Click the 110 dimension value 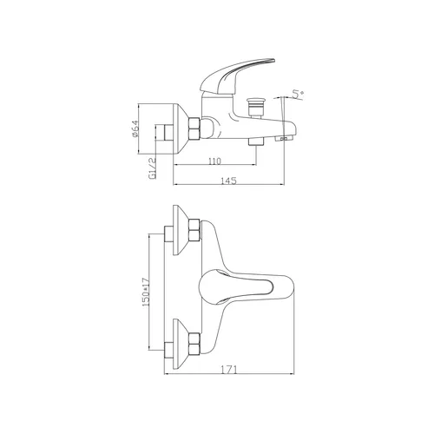coord(214,161)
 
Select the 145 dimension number coord(228,181)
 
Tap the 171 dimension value coord(229,370)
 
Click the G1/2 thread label coord(152,168)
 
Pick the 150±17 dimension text coord(145,292)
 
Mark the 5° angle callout coord(298,94)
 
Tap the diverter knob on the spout coord(254,108)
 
